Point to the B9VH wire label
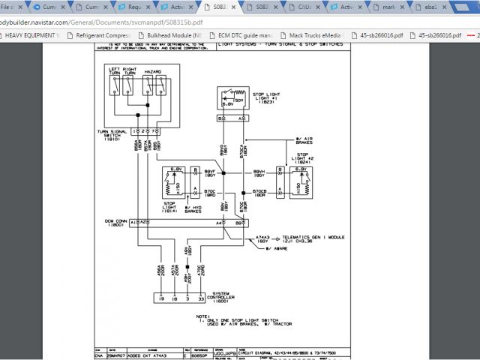(x=260, y=172)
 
